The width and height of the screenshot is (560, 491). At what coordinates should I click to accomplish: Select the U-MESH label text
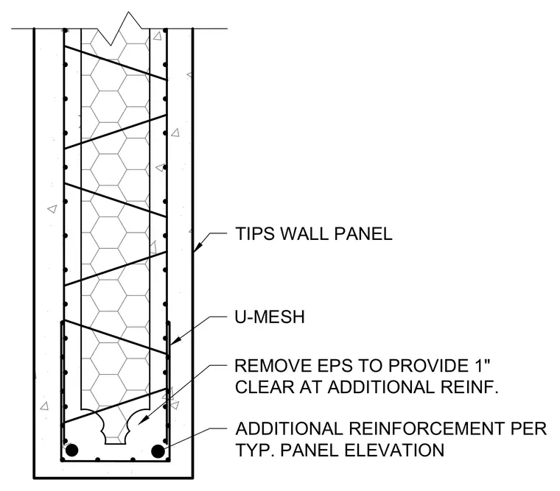[x=270, y=317]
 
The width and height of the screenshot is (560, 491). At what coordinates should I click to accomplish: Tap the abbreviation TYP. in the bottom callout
[x=255, y=450]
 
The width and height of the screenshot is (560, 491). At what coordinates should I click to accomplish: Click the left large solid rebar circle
[x=71, y=451]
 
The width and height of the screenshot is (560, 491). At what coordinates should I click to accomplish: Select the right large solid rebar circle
[x=158, y=451]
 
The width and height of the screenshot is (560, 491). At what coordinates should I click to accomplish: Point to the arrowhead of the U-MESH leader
[x=175, y=341]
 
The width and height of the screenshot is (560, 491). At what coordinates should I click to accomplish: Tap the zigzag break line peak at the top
[x=128, y=12]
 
